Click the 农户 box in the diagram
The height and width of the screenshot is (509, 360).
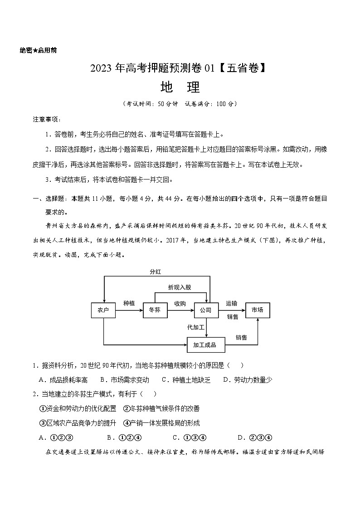[x=103, y=310]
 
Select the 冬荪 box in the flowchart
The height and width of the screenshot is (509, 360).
[x=155, y=310]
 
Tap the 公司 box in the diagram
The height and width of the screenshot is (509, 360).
[x=206, y=310]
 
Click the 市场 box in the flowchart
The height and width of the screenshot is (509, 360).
[x=258, y=310]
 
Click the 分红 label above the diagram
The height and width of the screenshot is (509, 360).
[x=156, y=271]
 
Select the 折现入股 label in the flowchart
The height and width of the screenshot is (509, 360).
[x=180, y=287]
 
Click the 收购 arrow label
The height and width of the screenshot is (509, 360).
[x=180, y=304]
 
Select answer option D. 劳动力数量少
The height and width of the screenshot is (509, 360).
[x=247, y=380]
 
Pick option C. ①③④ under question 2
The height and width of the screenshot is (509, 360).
[x=190, y=437]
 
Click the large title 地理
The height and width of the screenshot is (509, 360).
[x=180, y=87]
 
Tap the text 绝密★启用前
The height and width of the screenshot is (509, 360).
[x=39, y=50]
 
